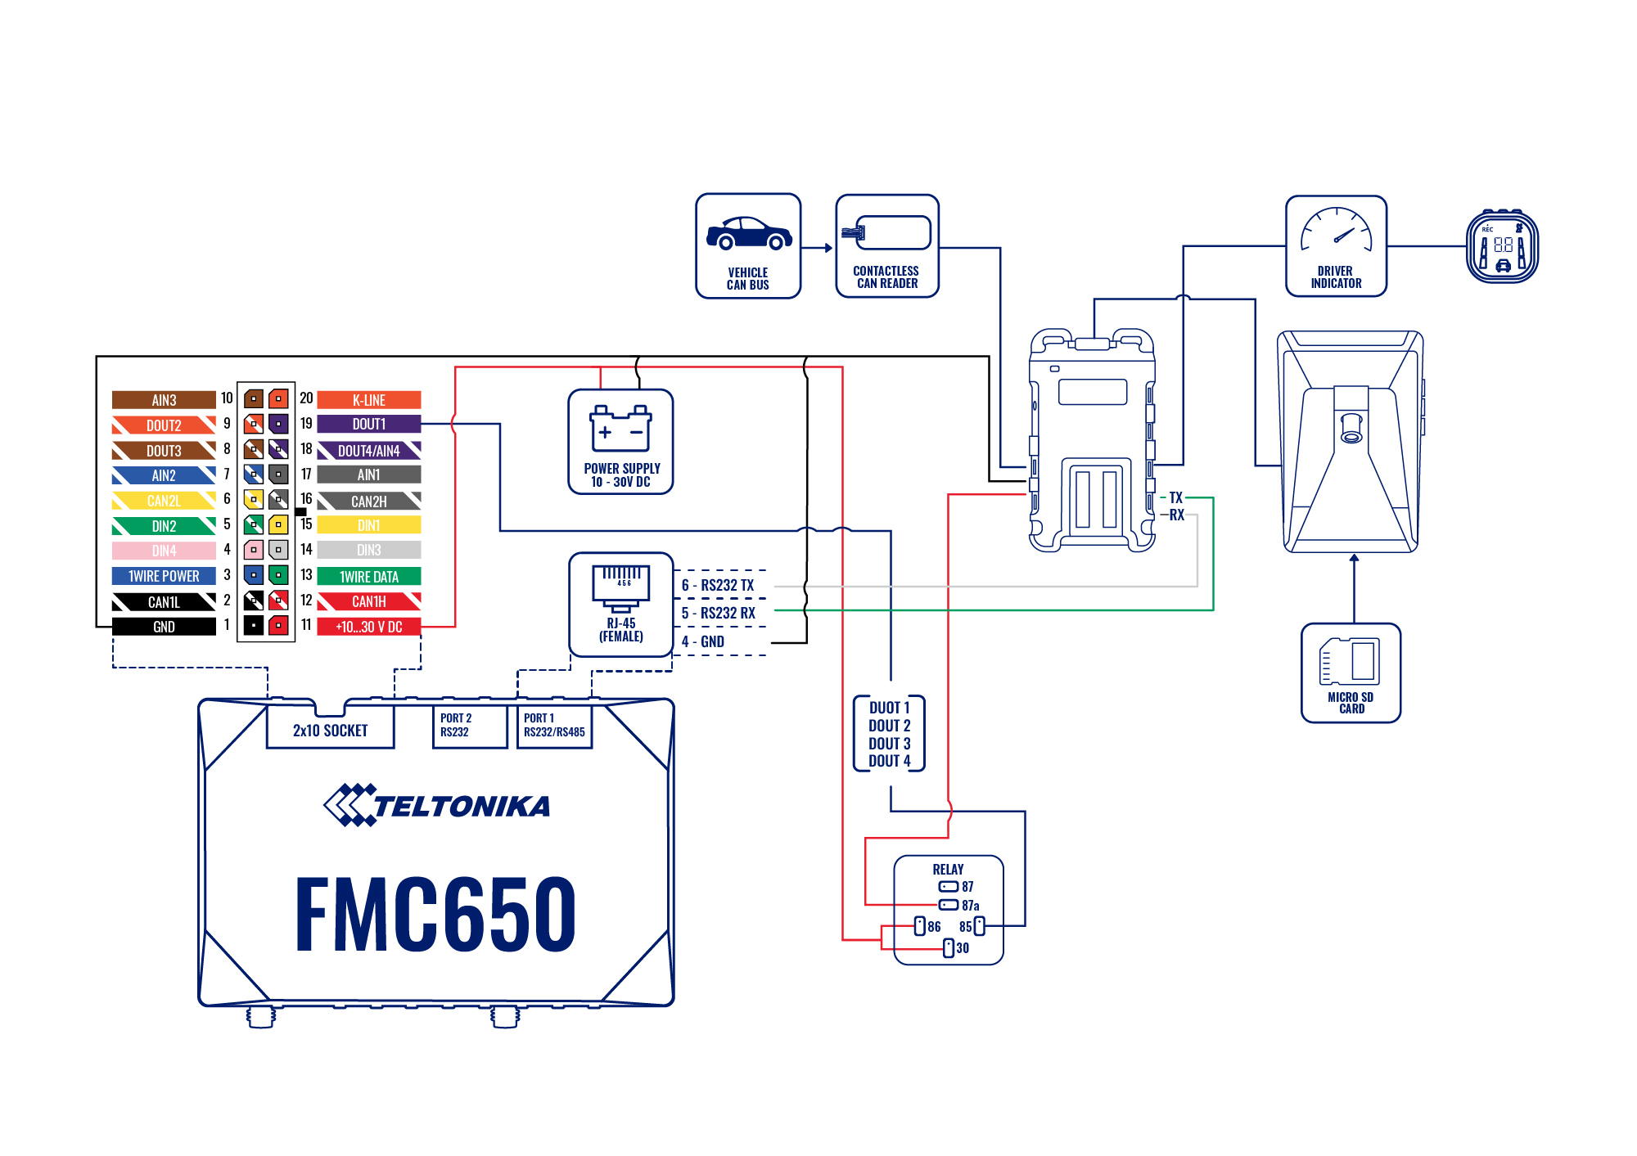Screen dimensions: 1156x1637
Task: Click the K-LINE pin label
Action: pos(368,400)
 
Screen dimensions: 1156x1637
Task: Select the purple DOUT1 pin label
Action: pos(368,425)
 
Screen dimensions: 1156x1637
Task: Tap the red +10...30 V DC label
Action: pos(368,627)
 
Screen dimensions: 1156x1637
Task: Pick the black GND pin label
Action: pos(164,627)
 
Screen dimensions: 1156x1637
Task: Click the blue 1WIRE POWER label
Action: pos(164,576)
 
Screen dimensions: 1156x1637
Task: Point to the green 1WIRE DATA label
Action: pos(368,576)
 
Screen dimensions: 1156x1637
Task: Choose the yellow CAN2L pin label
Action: pos(164,501)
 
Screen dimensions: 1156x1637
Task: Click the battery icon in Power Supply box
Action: pos(620,429)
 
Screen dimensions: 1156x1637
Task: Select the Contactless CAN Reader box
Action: pos(887,246)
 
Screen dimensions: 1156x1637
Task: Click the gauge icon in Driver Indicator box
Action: pos(1336,232)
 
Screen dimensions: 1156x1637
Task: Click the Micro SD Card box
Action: pos(1351,672)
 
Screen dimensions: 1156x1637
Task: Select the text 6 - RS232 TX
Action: pos(718,585)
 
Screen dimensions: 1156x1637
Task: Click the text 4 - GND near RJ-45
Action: pos(703,641)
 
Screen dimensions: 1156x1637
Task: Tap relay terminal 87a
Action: pos(949,905)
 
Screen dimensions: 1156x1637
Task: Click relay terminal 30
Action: pos(949,947)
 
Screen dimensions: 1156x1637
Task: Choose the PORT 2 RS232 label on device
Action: pos(456,725)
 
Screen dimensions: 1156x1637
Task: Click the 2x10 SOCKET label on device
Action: pos(330,731)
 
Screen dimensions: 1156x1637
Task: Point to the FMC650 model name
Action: pos(435,914)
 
